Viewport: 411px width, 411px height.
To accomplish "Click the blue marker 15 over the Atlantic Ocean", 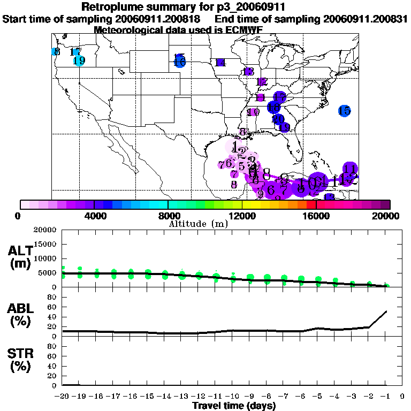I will (344, 111).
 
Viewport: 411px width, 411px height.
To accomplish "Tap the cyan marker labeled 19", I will (79, 60).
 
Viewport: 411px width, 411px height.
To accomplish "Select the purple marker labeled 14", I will (220, 63).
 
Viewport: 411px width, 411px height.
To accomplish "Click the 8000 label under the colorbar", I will (168, 216).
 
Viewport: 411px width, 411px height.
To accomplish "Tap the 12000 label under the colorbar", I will (242, 216).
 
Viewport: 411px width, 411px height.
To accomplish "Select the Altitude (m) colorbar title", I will (199, 224).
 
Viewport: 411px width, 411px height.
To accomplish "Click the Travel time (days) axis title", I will (234, 406).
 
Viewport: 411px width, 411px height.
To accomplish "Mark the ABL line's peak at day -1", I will (386, 311).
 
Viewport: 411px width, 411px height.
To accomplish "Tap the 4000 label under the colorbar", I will (94, 216).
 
